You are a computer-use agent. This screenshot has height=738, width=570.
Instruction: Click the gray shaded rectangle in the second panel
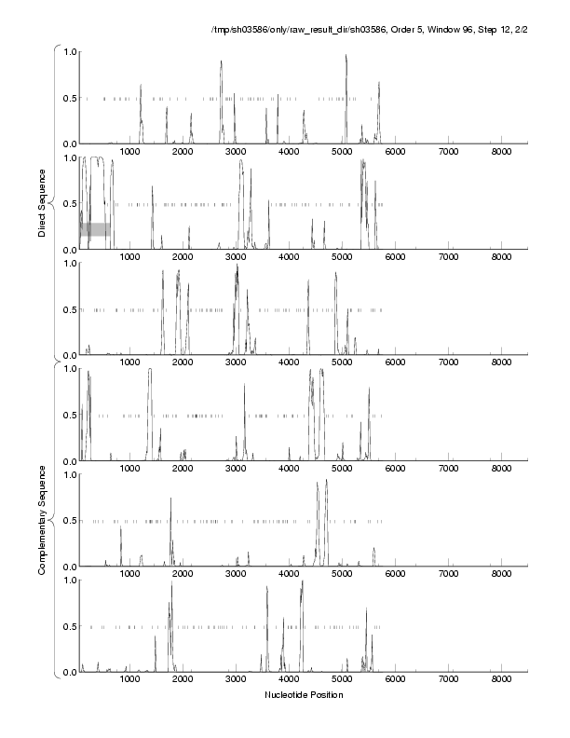[94, 229]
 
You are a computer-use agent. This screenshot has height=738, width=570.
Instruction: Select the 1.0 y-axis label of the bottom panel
[68, 581]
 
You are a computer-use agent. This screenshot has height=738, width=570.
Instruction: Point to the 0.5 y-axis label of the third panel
[68, 309]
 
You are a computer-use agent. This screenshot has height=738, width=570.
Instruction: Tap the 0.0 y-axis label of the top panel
[68, 143]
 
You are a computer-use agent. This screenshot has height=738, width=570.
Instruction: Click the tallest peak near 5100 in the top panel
[346, 56]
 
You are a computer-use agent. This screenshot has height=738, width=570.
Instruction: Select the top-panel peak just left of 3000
[221, 63]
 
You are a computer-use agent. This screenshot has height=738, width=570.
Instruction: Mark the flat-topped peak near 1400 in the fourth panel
[150, 371]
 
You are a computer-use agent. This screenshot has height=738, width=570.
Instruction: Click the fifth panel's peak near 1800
[170, 499]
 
